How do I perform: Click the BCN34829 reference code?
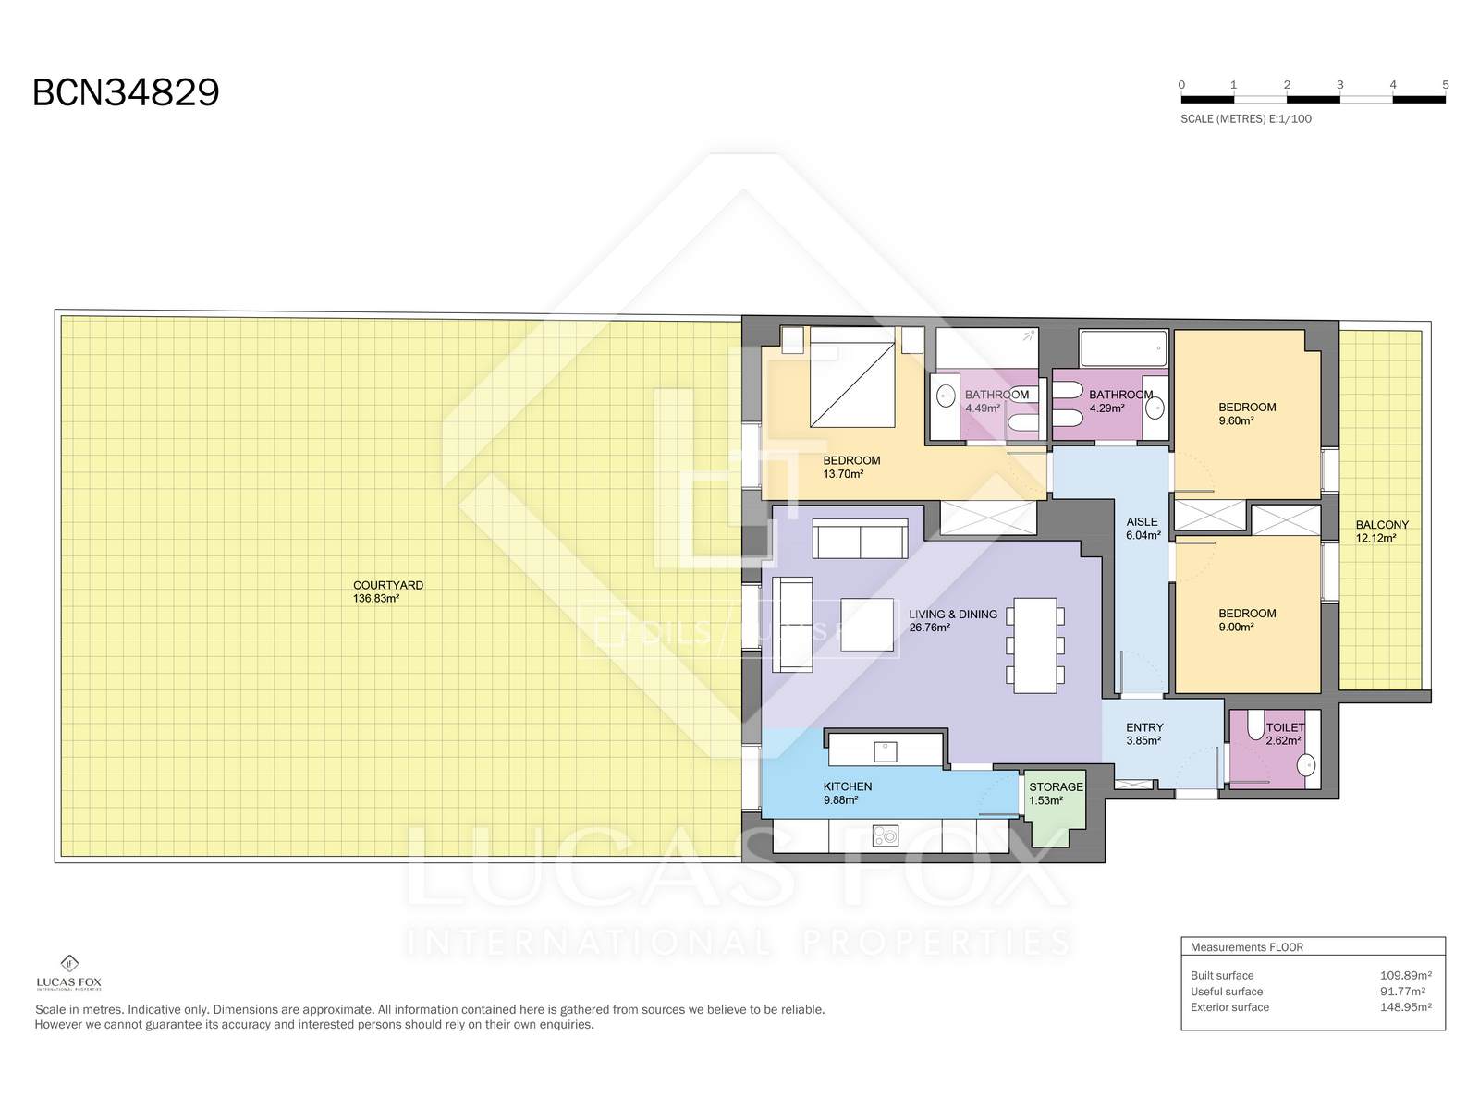click(126, 92)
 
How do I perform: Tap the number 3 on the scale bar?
click(1339, 85)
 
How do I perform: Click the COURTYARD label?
click(388, 585)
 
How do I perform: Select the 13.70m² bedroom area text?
click(843, 474)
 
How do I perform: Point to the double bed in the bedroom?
click(852, 377)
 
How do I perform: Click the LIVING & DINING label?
click(953, 614)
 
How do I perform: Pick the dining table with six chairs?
click(1035, 646)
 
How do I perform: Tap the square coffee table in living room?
click(866, 625)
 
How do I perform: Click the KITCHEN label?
click(847, 786)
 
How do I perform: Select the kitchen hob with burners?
click(885, 836)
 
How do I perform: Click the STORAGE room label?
click(1056, 787)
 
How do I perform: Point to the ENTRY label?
click(1144, 728)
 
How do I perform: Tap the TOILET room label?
click(1285, 728)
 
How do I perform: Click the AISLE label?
click(1143, 522)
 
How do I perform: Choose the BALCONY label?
click(1382, 525)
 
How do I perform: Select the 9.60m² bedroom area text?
click(1236, 420)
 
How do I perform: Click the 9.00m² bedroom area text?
click(1236, 627)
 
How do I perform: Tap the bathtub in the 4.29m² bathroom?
click(1122, 348)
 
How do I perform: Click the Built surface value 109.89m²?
click(1406, 975)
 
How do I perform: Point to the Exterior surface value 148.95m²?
click(1406, 1007)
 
